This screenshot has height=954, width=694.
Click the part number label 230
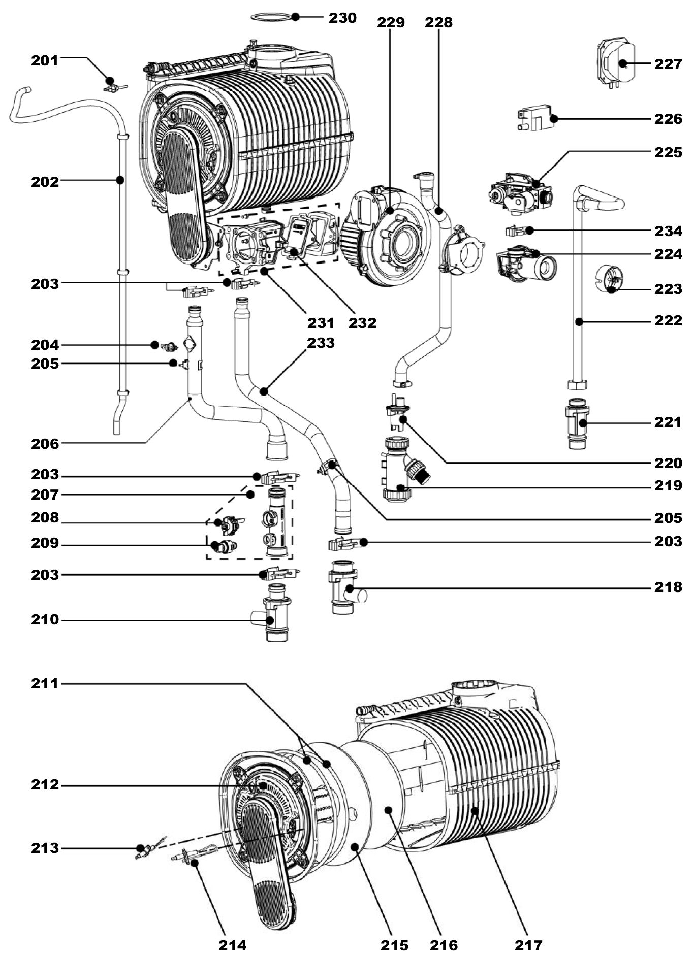pyautogui.click(x=342, y=18)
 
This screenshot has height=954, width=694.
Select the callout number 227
pyautogui.click(x=668, y=64)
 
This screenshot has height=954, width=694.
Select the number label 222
pyautogui.click(x=668, y=321)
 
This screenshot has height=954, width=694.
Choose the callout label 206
pyautogui.click(x=45, y=444)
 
